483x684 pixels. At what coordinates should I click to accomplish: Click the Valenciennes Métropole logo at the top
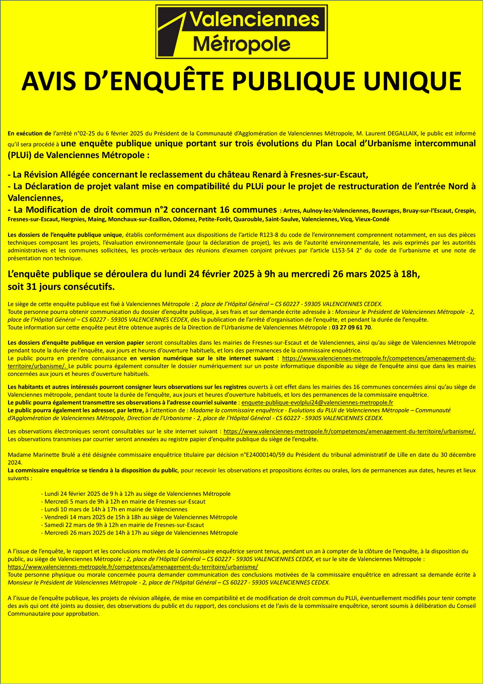[241, 32]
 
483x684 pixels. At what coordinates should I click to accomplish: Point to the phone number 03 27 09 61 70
[351, 327]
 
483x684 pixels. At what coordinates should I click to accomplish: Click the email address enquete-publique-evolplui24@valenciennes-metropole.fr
[317, 402]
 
